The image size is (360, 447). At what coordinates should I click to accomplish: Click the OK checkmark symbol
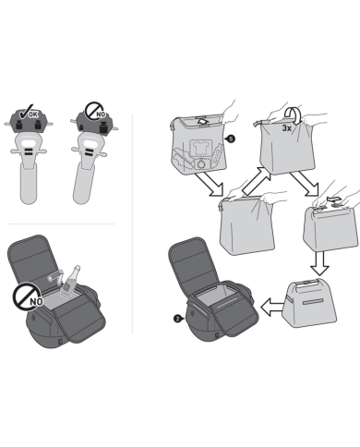tap(25, 113)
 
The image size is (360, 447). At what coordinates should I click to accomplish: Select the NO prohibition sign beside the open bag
tap(28, 297)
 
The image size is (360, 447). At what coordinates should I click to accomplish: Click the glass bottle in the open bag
tap(70, 282)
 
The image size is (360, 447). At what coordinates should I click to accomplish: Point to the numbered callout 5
tap(230, 139)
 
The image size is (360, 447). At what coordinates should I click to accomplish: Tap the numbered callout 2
tap(178, 319)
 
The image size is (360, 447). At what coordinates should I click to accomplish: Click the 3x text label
tap(286, 128)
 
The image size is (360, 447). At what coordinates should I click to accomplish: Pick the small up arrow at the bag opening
tap(202, 121)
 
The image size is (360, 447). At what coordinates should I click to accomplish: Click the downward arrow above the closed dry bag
tap(319, 263)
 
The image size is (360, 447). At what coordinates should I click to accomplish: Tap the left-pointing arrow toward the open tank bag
tap(271, 307)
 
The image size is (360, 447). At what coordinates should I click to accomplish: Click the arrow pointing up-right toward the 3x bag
tap(256, 181)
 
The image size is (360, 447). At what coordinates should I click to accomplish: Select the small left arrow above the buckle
tap(333, 199)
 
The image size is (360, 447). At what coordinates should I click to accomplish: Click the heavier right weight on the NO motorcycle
tap(103, 127)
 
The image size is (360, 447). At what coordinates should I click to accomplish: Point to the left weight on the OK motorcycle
tap(18, 125)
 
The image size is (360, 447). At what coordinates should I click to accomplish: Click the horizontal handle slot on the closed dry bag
tap(314, 302)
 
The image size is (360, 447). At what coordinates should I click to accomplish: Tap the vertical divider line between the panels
tap(132, 224)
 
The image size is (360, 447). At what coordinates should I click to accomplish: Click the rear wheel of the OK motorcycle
tap(28, 184)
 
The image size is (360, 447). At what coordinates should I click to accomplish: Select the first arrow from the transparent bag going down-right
tap(209, 184)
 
